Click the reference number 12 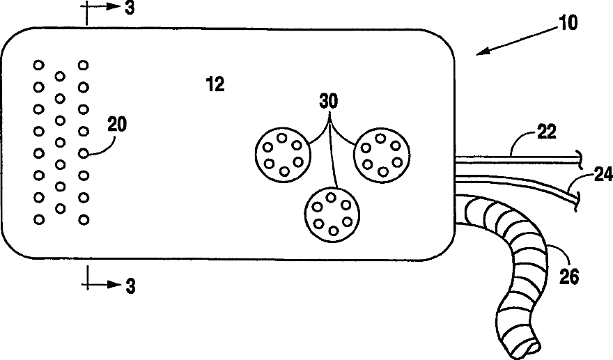215,85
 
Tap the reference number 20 118,125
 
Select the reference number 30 329,102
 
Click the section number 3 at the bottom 129,285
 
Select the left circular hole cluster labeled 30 283,154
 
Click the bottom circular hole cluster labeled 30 331,214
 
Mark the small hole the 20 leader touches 84,153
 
